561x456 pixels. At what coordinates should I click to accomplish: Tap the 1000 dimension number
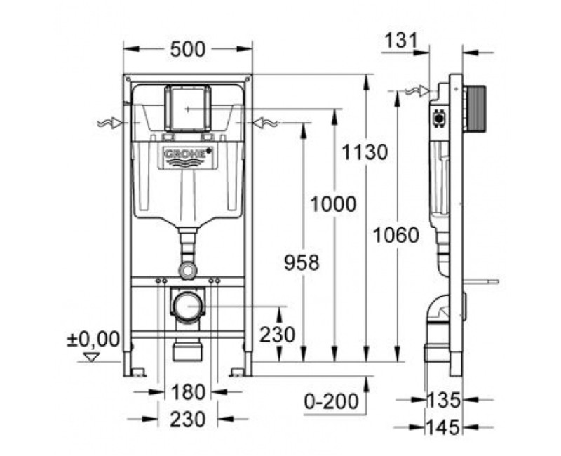click(334, 204)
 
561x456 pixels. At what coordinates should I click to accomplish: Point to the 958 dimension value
click(302, 262)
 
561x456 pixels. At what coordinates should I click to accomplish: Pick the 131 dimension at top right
click(405, 41)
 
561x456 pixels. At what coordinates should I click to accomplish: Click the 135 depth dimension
click(443, 401)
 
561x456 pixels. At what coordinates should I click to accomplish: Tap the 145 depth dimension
click(443, 426)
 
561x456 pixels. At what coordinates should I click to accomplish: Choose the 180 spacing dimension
click(187, 391)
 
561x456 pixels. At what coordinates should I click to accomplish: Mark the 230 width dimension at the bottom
click(187, 419)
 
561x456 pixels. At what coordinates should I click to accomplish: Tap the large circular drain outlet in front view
click(187, 306)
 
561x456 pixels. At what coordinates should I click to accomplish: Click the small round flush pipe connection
click(187, 269)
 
